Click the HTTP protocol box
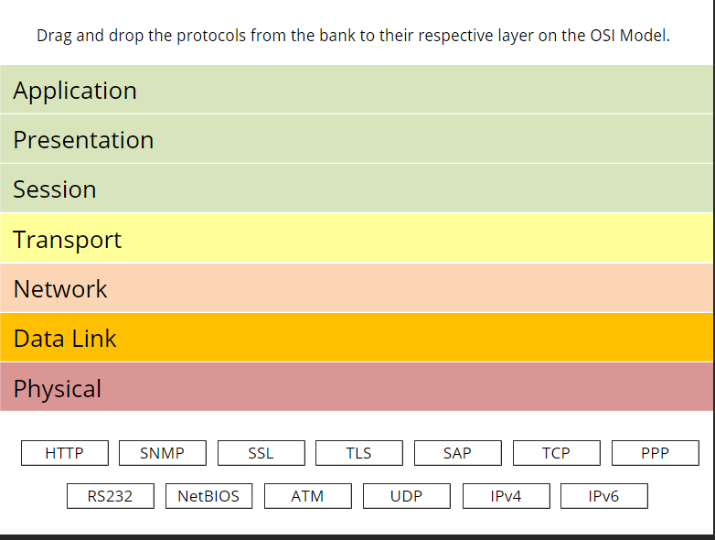pyautogui.click(x=64, y=453)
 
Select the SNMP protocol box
pyautogui.click(x=162, y=453)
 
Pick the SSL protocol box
pyautogui.click(x=261, y=453)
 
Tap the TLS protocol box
pyautogui.click(x=359, y=453)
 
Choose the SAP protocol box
pyautogui.click(x=457, y=453)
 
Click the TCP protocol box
pyautogui.click(x=556, y=453)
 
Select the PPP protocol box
pyautogui.click(x=655, y=453)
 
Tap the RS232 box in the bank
pyautogui.click(x=110, y=496)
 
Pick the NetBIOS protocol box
pyautogui.click(x=208, y=496)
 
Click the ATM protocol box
pyautogui.click(x=307, y=496)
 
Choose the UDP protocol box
pyautogui.click(x=406, y=496)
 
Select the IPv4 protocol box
pyautogui.click(x=506, y=496)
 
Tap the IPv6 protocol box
pyautogui.click(x=603, y=496)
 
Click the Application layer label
pyautogui.click(x=75, y=91)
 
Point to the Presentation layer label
pyautogui.click(x=83, y=140)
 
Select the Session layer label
pyautogui.click(x=55, y=189)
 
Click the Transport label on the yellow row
pyautogui.click(x=68, y=240)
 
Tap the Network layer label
pyautogui.click(x=60, y=289)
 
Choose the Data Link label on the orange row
pyautogui.click(x=65, y=339)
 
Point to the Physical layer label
pyautogui.click(x=58, y=388)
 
